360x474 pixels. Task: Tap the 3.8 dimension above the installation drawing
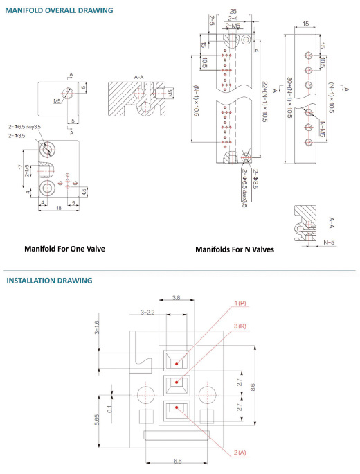[176, 298]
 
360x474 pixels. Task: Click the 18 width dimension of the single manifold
[59, 208]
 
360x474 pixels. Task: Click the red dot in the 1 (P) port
[177, 363]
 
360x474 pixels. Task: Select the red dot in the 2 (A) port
[177, 407]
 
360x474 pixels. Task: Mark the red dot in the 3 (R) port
[177, 382]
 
